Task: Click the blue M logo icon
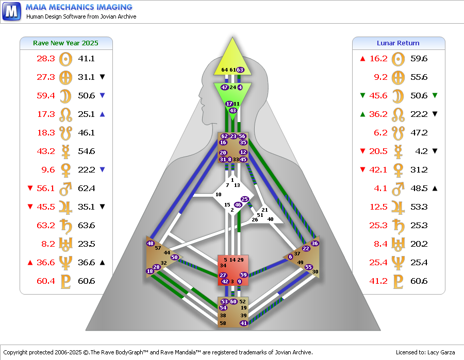point(11,11)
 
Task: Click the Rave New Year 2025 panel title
point(65,43)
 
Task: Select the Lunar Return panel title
point(398,43)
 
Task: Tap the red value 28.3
point(46,59)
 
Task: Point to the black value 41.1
point(86,59)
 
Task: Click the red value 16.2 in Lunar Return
point(378,59)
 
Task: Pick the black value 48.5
point(419,188)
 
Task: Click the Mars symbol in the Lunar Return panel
point(398,188)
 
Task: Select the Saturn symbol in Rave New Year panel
point(65,226)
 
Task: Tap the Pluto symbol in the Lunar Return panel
point(398,281)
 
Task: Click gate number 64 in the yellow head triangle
point(225,70)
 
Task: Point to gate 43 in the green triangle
point(233,111)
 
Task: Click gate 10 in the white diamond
point(219,195)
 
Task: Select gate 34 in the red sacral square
point(223,265)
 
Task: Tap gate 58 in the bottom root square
point(223,323)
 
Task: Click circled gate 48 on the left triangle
point(151,244)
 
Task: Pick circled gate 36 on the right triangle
point(314,243)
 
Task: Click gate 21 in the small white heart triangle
point(265,210)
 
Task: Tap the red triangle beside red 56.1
point(30,188)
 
